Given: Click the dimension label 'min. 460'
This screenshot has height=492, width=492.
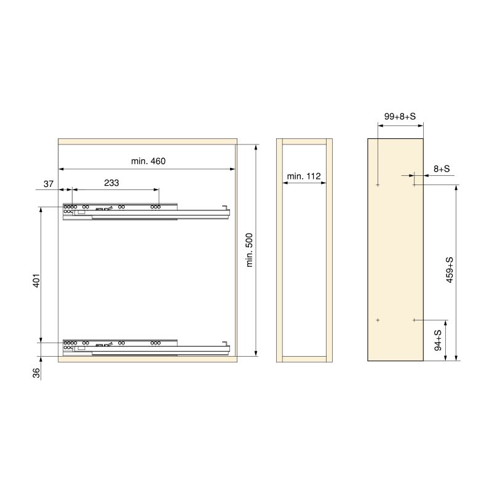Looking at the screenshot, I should click(148, 161).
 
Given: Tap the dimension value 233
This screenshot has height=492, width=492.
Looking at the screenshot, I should click(111, 183).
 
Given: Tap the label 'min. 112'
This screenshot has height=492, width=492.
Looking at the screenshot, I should click(304, 177).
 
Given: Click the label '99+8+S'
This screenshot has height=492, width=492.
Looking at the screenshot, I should click(400, 116).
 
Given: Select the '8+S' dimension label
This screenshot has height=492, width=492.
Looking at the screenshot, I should click(442, 168).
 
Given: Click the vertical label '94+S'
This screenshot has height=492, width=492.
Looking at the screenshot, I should click(438, 340).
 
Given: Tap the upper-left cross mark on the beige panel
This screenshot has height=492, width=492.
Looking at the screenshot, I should click(378, 184).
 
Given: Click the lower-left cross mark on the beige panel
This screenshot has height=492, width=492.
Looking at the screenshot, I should click(378, 320).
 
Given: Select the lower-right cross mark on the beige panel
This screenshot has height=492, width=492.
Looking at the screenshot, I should click(415, 320).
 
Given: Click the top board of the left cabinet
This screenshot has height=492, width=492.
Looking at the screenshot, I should click(147, 141).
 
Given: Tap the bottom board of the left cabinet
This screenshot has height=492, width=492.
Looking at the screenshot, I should click(147, 359).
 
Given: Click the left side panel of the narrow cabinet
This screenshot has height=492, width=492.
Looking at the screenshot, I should click(279, 250).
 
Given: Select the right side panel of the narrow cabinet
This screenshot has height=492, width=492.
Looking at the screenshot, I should click(329, 250).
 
